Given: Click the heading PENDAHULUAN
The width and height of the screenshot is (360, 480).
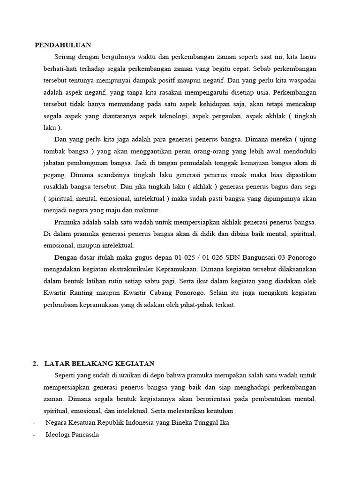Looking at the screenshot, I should coord(63,45).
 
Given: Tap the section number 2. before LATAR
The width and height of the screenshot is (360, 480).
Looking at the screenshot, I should coord(35,363).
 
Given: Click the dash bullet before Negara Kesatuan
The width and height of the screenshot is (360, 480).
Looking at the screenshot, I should coord(34,422).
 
